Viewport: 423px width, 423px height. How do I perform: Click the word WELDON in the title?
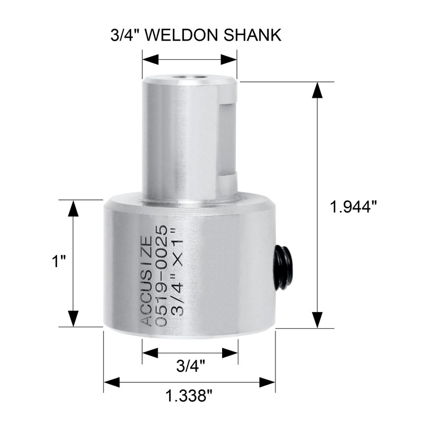pyautogui.click(x=182, y=35)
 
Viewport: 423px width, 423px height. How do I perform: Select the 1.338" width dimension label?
pyautogui.click(x=189, y=396)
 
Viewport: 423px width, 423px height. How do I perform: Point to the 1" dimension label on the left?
pyautogui.click(x=59, y=261)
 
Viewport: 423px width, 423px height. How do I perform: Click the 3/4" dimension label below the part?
pyautogui.click(x=190, y=366)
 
